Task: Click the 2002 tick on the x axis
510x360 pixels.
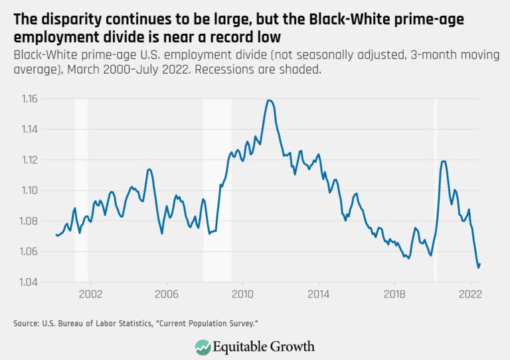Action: click(90, 293)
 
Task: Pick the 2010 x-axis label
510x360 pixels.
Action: click(242, 293)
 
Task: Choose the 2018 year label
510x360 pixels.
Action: click(394, 293)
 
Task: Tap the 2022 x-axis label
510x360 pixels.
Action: click(470, 293)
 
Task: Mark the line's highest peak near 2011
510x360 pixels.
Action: click(269, 100)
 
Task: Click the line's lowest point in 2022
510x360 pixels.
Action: click(478, 268)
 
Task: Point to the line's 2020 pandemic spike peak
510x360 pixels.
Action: click(444, 161)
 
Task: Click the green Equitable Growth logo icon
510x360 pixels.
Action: click(202, 346)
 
